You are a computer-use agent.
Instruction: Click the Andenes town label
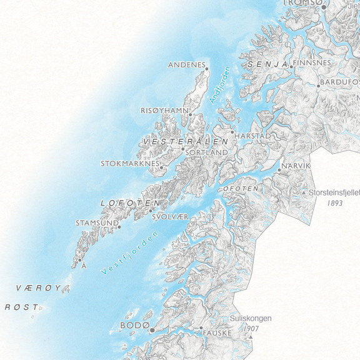point(186,64)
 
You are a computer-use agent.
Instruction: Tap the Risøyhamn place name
point(164,110)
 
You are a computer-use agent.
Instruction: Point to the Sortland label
point(207,152)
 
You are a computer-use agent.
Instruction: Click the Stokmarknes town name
point(129,164)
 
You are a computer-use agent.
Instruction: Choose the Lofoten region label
point(130,203)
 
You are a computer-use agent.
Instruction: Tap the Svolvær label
point(170,217)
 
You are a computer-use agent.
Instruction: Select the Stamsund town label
point(96,222)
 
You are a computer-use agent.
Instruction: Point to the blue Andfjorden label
point(220,85)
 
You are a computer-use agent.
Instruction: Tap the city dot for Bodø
point(152,329)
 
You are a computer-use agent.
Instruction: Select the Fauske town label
point(217,333)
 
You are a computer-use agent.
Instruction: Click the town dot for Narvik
point(279,170)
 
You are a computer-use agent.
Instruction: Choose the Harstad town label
point(253,136)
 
